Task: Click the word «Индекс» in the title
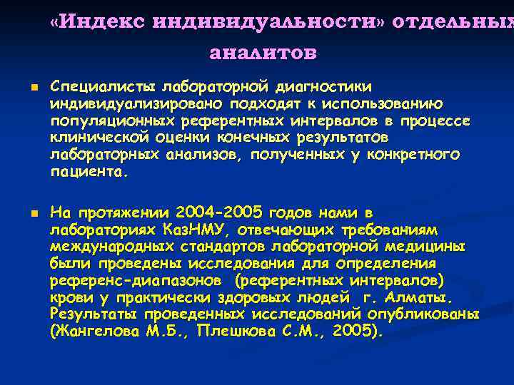point(104,21)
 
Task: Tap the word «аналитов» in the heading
point(263,53)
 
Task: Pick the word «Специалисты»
point(104,87)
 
